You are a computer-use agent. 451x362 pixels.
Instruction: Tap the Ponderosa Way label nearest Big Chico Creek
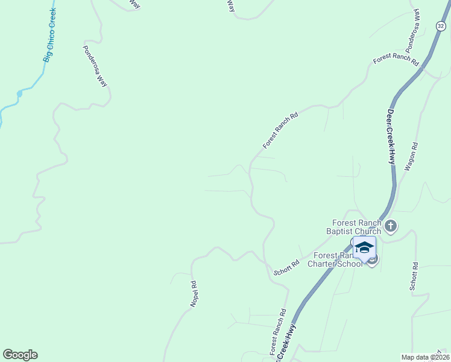click(95, 66)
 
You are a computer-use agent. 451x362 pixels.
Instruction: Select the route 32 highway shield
click(441, 26)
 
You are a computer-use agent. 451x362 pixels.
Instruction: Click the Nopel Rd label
click(194, 294)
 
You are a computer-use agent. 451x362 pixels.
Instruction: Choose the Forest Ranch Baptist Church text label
click(354, 227)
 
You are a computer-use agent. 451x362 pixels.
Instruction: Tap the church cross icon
click(391, 226)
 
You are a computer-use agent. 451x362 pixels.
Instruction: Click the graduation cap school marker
click(364, 248)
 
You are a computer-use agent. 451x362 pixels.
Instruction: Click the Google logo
click(20, 355)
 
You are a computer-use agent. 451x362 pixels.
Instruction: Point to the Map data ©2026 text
click(425, 357)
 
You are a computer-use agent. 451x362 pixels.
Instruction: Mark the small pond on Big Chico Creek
click(20, 94)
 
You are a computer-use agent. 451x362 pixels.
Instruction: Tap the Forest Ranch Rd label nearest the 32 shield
click(396, 59)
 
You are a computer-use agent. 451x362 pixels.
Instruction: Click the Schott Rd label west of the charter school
click(287, 268)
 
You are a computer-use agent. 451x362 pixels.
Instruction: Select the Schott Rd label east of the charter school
click(414, 277)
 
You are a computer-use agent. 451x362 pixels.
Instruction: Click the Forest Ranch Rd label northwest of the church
click(281, 130)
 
